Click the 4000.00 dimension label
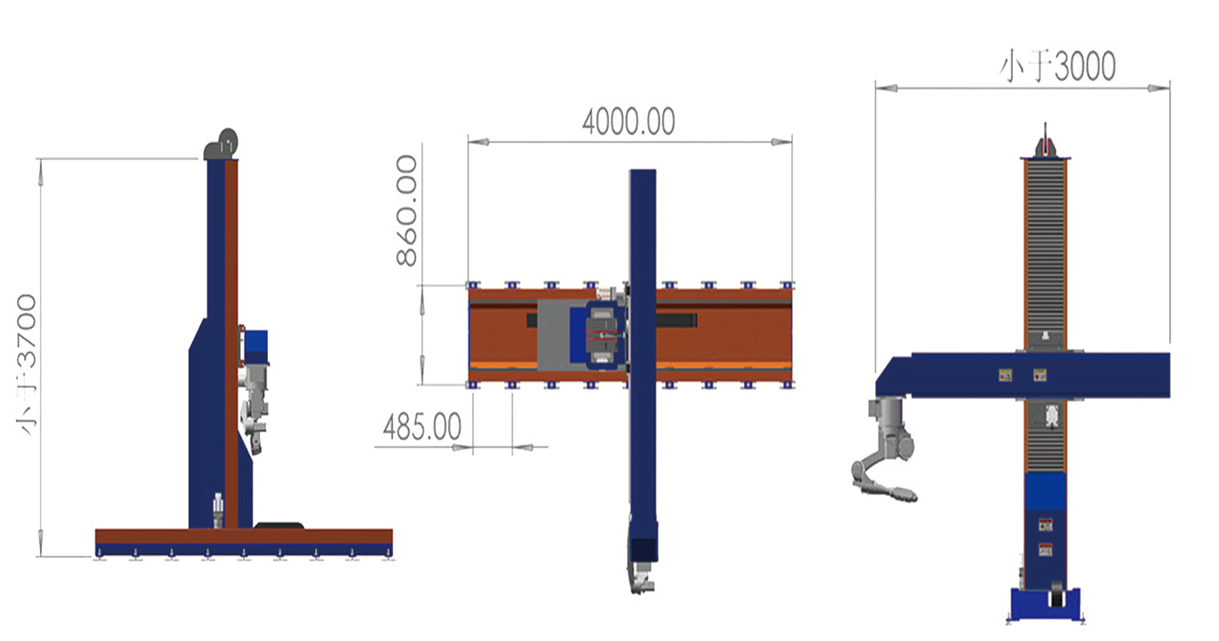click(x=629, y=121)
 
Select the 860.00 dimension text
click(x=406, y=211)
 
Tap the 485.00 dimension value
click(x=422, y=427)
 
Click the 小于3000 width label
click(x=1057, y=67)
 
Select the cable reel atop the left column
click(x=222, y=145)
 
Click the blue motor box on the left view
click(x=255, y=347)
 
